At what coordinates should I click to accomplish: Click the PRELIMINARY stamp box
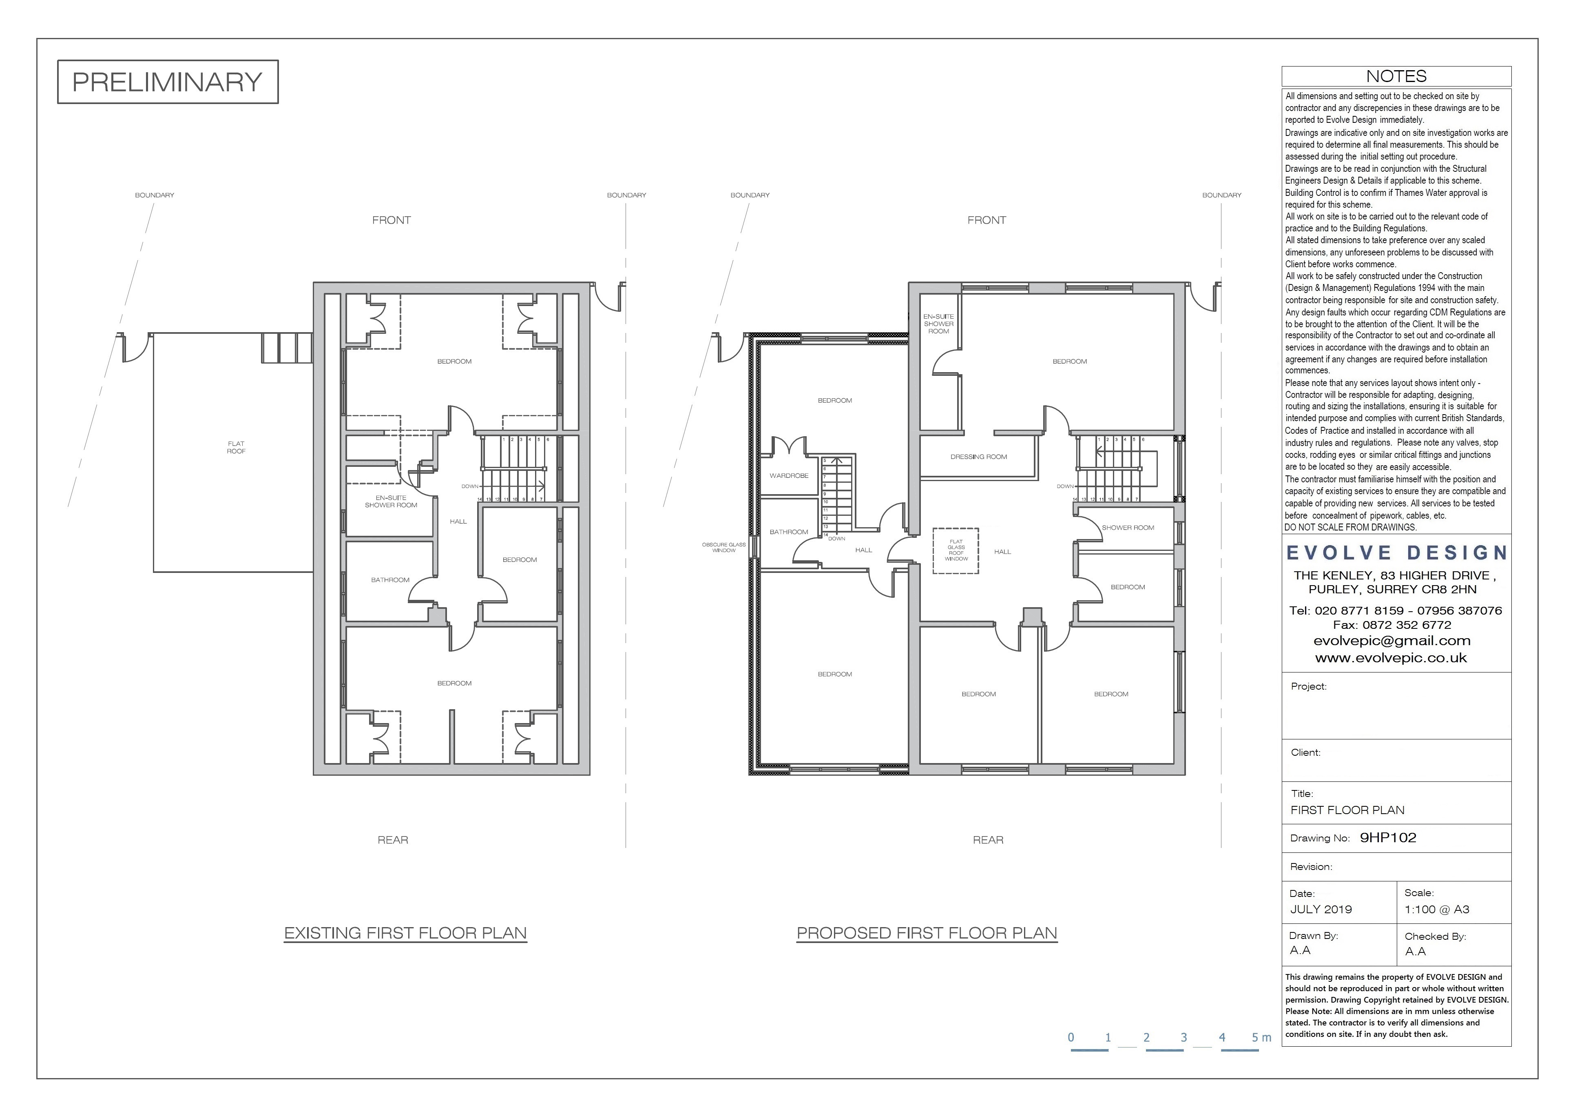[167, 82]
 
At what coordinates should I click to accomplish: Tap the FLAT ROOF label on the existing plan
[236, 448]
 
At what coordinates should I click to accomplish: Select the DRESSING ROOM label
[979, 457]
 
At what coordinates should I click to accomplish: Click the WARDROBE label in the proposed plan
[789, 476]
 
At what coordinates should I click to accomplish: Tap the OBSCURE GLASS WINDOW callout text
[724, 547]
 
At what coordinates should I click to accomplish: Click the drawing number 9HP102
[1388, 837]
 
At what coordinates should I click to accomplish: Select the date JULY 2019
[1321, 910]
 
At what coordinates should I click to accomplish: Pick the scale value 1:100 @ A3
[1437, 910]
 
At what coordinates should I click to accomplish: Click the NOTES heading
[1396, 76]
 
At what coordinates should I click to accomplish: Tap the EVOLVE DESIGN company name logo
[1397, 553]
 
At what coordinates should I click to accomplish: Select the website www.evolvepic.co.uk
[1391, 657]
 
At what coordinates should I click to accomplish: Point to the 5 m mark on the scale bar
[1261, 1037]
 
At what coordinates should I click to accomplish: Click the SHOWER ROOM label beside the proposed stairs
[1128, 528]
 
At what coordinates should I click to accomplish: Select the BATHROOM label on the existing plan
[390, 580]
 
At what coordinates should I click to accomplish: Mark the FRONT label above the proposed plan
[987, 220]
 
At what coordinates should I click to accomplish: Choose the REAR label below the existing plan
[393, 840]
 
